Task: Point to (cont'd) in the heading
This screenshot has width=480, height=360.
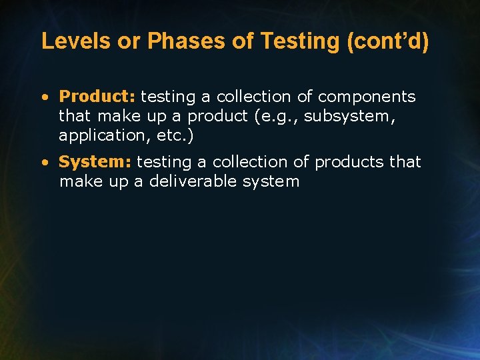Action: pos(388,41)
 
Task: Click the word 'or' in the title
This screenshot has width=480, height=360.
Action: pos(130,41)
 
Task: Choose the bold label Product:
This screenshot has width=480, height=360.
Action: pos(97,97)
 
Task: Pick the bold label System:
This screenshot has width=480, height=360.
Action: pos(96,162)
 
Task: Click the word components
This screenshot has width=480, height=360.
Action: pos(367,97)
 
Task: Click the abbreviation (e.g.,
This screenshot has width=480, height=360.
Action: pos(279,116)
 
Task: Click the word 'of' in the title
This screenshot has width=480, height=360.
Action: pos(243,41)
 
